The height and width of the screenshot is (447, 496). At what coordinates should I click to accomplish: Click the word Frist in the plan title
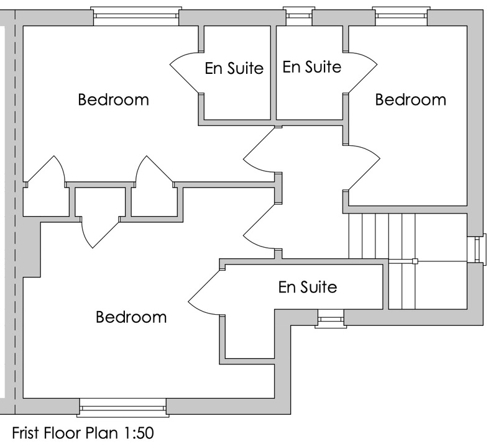tap(27, 431)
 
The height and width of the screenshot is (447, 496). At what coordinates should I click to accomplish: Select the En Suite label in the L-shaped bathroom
tap(307, 287)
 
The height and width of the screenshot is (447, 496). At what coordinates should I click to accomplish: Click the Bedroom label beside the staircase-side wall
tap(410, 99)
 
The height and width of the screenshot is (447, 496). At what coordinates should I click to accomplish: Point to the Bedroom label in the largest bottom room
tap(131, 317)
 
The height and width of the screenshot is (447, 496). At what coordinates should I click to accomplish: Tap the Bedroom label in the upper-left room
tap(113, 99)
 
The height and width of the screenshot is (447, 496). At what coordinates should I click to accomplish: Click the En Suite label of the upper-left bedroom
tap(234, 68)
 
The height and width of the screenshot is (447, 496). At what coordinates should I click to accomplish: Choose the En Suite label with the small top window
tap(311, 66)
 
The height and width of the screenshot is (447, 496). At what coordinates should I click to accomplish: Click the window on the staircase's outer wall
tap(477, 249)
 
